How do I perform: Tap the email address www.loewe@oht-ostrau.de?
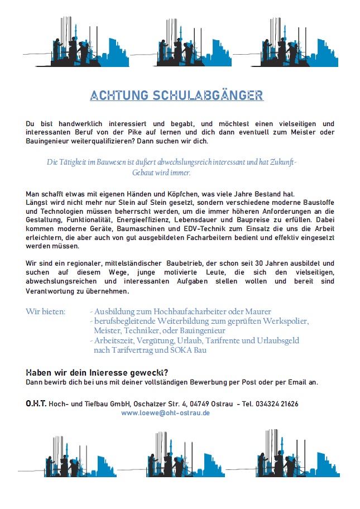(165, 413)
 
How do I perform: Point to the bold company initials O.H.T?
(36, 404)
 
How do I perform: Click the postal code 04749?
(201, 404)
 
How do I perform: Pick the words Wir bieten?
(46, 311)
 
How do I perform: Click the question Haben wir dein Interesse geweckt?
(97, 372)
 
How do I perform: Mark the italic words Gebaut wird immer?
(161, 173)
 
